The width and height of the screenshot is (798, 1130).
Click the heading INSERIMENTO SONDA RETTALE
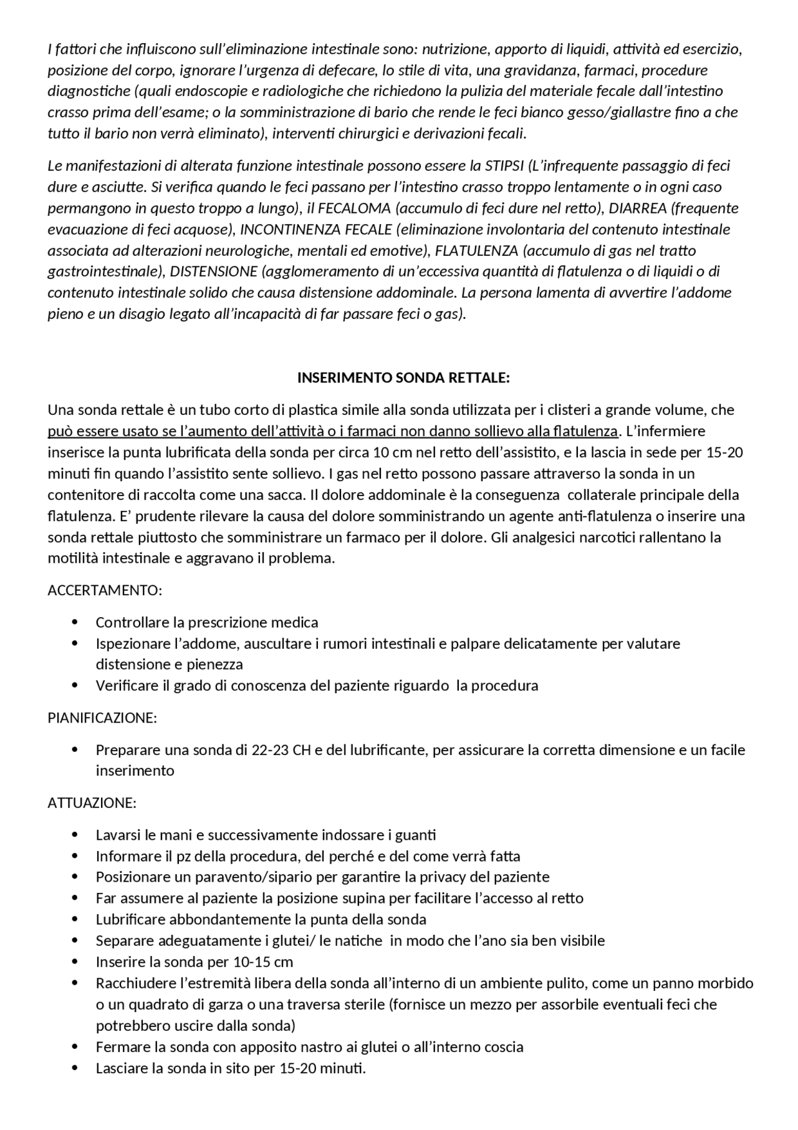click(x=403, y=378)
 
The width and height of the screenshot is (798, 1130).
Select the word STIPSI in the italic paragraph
click(x=504, y=166)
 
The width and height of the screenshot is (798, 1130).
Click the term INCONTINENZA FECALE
click(x=315, y=230)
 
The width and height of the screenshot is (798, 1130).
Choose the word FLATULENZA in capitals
click(x=476, y=251)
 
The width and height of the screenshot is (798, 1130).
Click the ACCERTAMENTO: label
click(x=105, y=590)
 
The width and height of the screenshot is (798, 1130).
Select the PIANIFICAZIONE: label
click(x=102, y=718)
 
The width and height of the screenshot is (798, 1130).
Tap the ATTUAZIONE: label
click(x=92, y=802)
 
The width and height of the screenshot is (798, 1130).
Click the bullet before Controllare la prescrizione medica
click(x=75, y=622)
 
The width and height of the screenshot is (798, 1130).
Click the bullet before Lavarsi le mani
click(x=75, y=835)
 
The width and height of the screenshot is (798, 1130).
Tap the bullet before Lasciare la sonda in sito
click(x=75, y=1068)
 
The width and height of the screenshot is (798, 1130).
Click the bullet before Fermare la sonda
click(x=75, y=1047)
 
